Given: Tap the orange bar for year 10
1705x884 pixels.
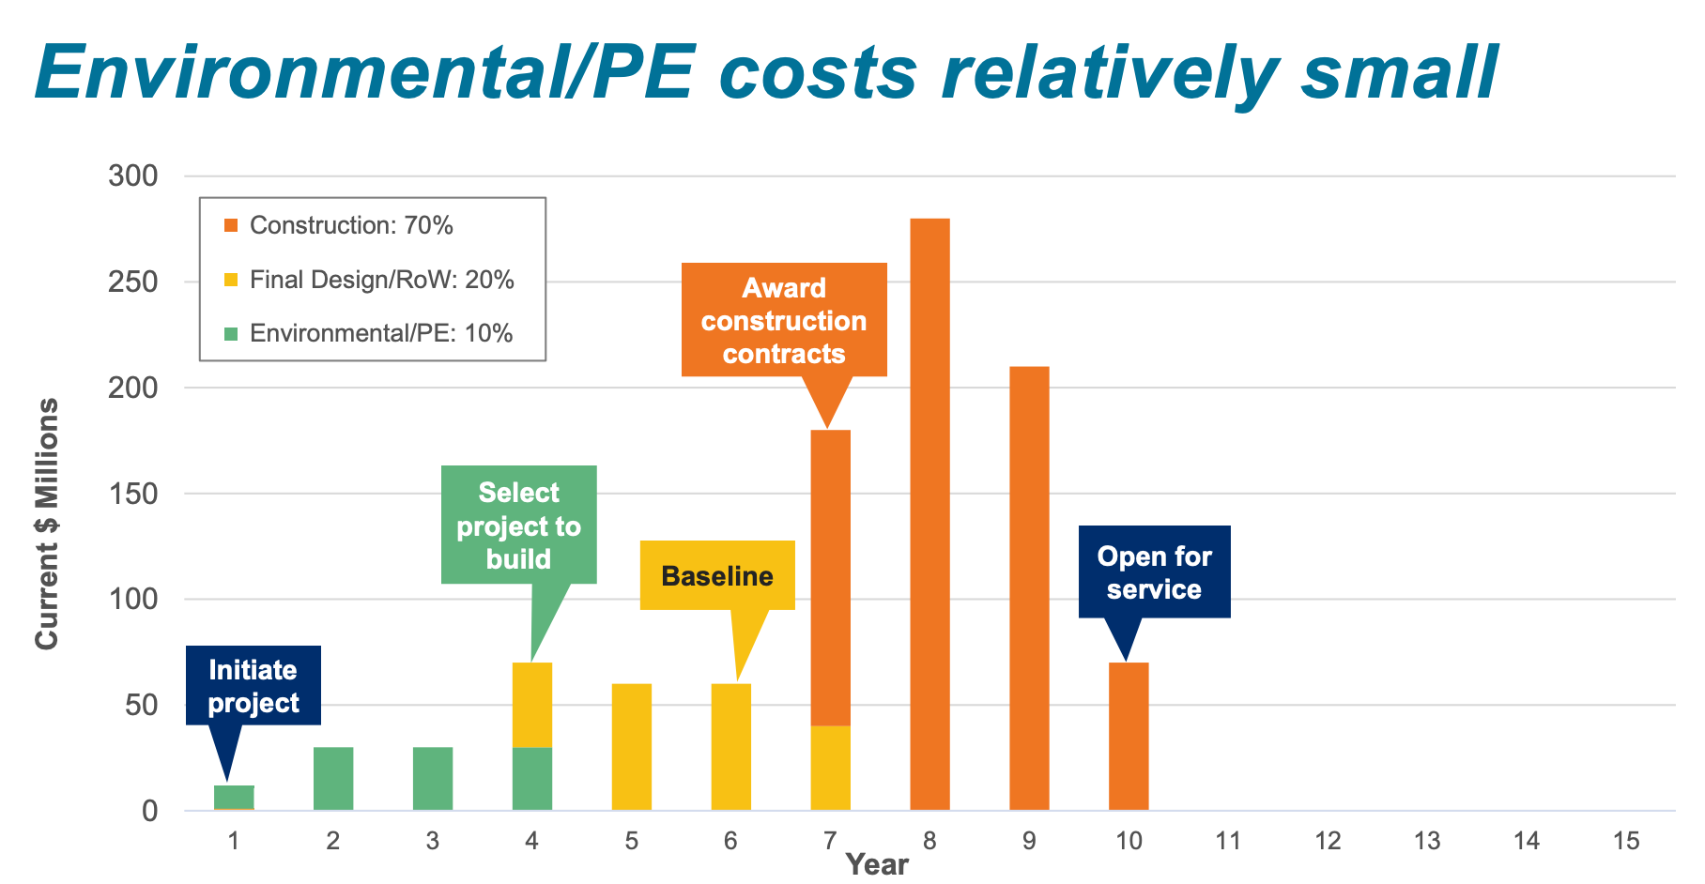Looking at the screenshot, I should [x=1129, y=737].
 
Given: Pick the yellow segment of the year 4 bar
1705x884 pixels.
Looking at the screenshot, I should [x=532, y=705].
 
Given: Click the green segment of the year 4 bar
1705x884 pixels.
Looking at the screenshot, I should [x=532, y=779].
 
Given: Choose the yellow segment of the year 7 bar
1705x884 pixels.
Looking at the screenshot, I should [x=830, y=768].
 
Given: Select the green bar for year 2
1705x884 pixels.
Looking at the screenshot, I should [x=333, y=779].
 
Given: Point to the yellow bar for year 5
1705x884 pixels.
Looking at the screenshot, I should [x=632, y=747].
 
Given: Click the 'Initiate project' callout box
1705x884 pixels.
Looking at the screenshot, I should [x=253, y=686].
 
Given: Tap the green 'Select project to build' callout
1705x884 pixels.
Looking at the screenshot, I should [x=518, y=526].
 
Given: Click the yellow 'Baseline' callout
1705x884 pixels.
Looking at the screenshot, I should [x=717, y=575].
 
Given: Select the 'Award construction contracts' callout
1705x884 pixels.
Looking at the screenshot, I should [x=784, y=320].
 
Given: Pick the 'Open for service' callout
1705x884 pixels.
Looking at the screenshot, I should [x=1154, y=572].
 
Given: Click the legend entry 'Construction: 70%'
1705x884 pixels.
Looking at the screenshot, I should [x=351, y=225].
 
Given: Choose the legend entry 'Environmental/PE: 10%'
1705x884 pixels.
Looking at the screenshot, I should [x=381, y=333].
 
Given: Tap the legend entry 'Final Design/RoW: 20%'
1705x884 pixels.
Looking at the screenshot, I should [x=381, y=280].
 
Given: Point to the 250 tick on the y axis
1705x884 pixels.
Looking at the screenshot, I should [x=133, y=282].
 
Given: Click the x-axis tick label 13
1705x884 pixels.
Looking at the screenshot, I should [x=1427, y=841].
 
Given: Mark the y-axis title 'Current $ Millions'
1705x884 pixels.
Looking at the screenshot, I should [x=47, y=524].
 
